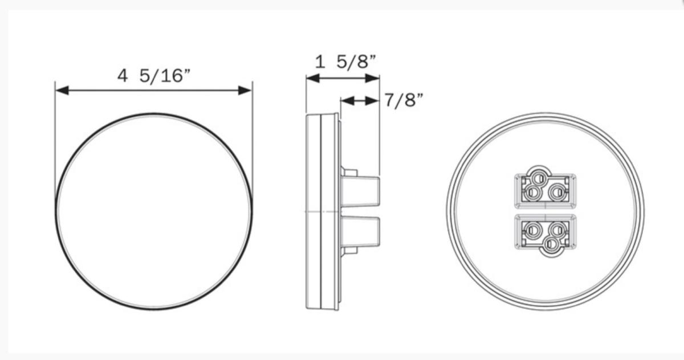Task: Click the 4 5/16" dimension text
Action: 153,76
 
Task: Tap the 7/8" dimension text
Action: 404,101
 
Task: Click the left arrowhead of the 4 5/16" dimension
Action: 62,90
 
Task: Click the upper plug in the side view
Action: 360,191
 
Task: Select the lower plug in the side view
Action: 360,231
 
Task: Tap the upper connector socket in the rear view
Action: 545,189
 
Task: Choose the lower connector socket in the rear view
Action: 545,233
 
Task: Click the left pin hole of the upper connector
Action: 532,193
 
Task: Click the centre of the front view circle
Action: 153,211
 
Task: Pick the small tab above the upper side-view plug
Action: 349,171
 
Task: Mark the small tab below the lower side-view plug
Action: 349,250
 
